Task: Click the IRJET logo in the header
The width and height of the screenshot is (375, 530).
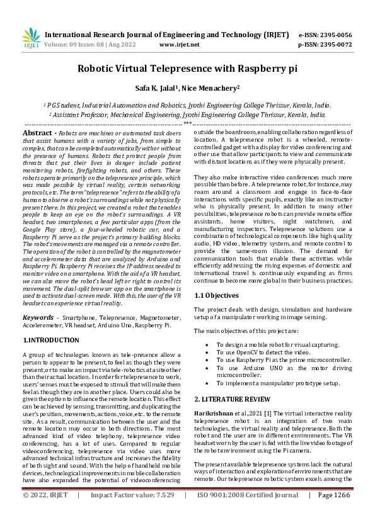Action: pyautogui.click(x=31, y=39)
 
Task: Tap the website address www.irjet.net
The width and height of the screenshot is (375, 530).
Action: pyautogui.click(x=180, y=45)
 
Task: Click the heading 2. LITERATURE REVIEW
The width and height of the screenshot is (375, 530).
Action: pyautogui.click(x=233, y=400)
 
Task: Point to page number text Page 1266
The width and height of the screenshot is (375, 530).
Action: pyautogui.click(x=335, y=513)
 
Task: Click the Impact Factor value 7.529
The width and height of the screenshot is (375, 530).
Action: pyautogui.click(x=161, y=513)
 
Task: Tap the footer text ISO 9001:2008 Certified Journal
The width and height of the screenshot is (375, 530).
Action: pyautogui.click(x=248, y=513)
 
